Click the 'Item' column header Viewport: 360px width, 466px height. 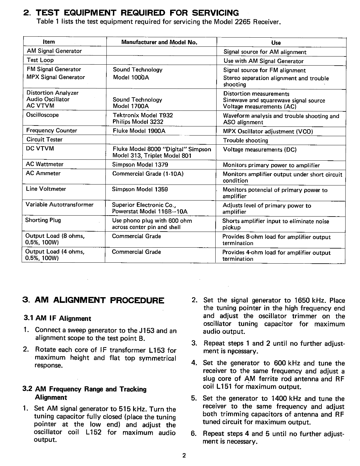click(49, 42)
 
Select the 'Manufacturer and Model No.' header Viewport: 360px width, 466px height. click(159, 42)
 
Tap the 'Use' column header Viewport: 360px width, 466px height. click(276, 43)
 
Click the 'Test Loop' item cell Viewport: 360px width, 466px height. click(40, 60)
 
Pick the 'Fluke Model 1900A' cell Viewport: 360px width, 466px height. click(139, 131)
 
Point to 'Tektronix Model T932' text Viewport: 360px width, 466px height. click(143, 115)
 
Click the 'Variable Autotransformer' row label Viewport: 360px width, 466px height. click(60, 205)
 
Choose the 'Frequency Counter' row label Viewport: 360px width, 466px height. click(52, 131)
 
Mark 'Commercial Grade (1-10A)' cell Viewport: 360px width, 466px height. click(148, 174)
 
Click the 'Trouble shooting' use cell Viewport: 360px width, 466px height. click(245, 140)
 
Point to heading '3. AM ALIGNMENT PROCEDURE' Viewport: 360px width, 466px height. click(94, 300)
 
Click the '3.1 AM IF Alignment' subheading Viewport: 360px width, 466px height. click(57, 319)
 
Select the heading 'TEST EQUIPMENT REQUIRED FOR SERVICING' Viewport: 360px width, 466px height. click(137, 13)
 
